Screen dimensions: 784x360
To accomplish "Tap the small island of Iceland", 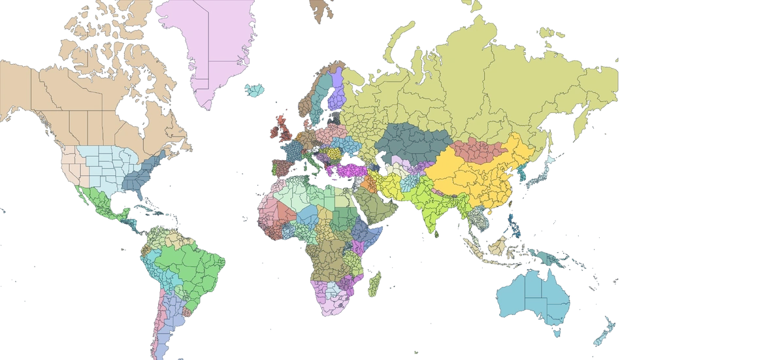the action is coord(255,90).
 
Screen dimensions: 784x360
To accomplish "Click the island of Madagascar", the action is coord(375,284).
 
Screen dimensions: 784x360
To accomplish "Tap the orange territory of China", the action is coord(483,176).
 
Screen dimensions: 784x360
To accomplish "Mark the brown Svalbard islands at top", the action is coord(320,8).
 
